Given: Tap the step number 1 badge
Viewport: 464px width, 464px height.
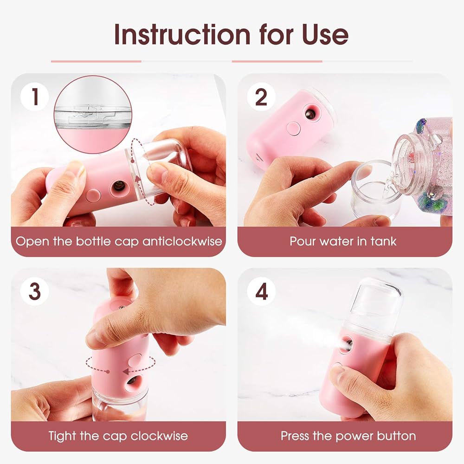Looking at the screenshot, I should click(34, 97).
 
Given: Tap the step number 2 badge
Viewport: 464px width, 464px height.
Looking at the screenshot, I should click(261, 97).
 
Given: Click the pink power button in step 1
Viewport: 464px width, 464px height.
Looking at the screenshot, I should click(94, 195).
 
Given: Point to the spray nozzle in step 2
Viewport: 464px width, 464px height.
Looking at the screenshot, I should click(309, 113).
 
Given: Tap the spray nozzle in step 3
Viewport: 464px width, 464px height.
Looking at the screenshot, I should click(132, 380).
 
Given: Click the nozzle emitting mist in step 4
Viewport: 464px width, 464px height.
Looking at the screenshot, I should click(346, 345).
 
